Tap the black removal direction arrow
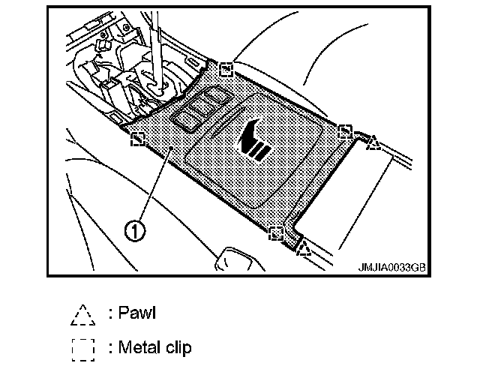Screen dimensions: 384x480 (255, 139)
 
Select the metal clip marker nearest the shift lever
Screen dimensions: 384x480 (225, 69)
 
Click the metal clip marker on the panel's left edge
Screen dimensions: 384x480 (138, 139)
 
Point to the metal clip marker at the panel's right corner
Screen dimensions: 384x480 (344, 133)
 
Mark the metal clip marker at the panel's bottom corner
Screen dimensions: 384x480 (277, 232)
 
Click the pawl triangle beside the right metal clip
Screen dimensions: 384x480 (373, 142)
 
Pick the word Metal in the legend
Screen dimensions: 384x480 (141, 347)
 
